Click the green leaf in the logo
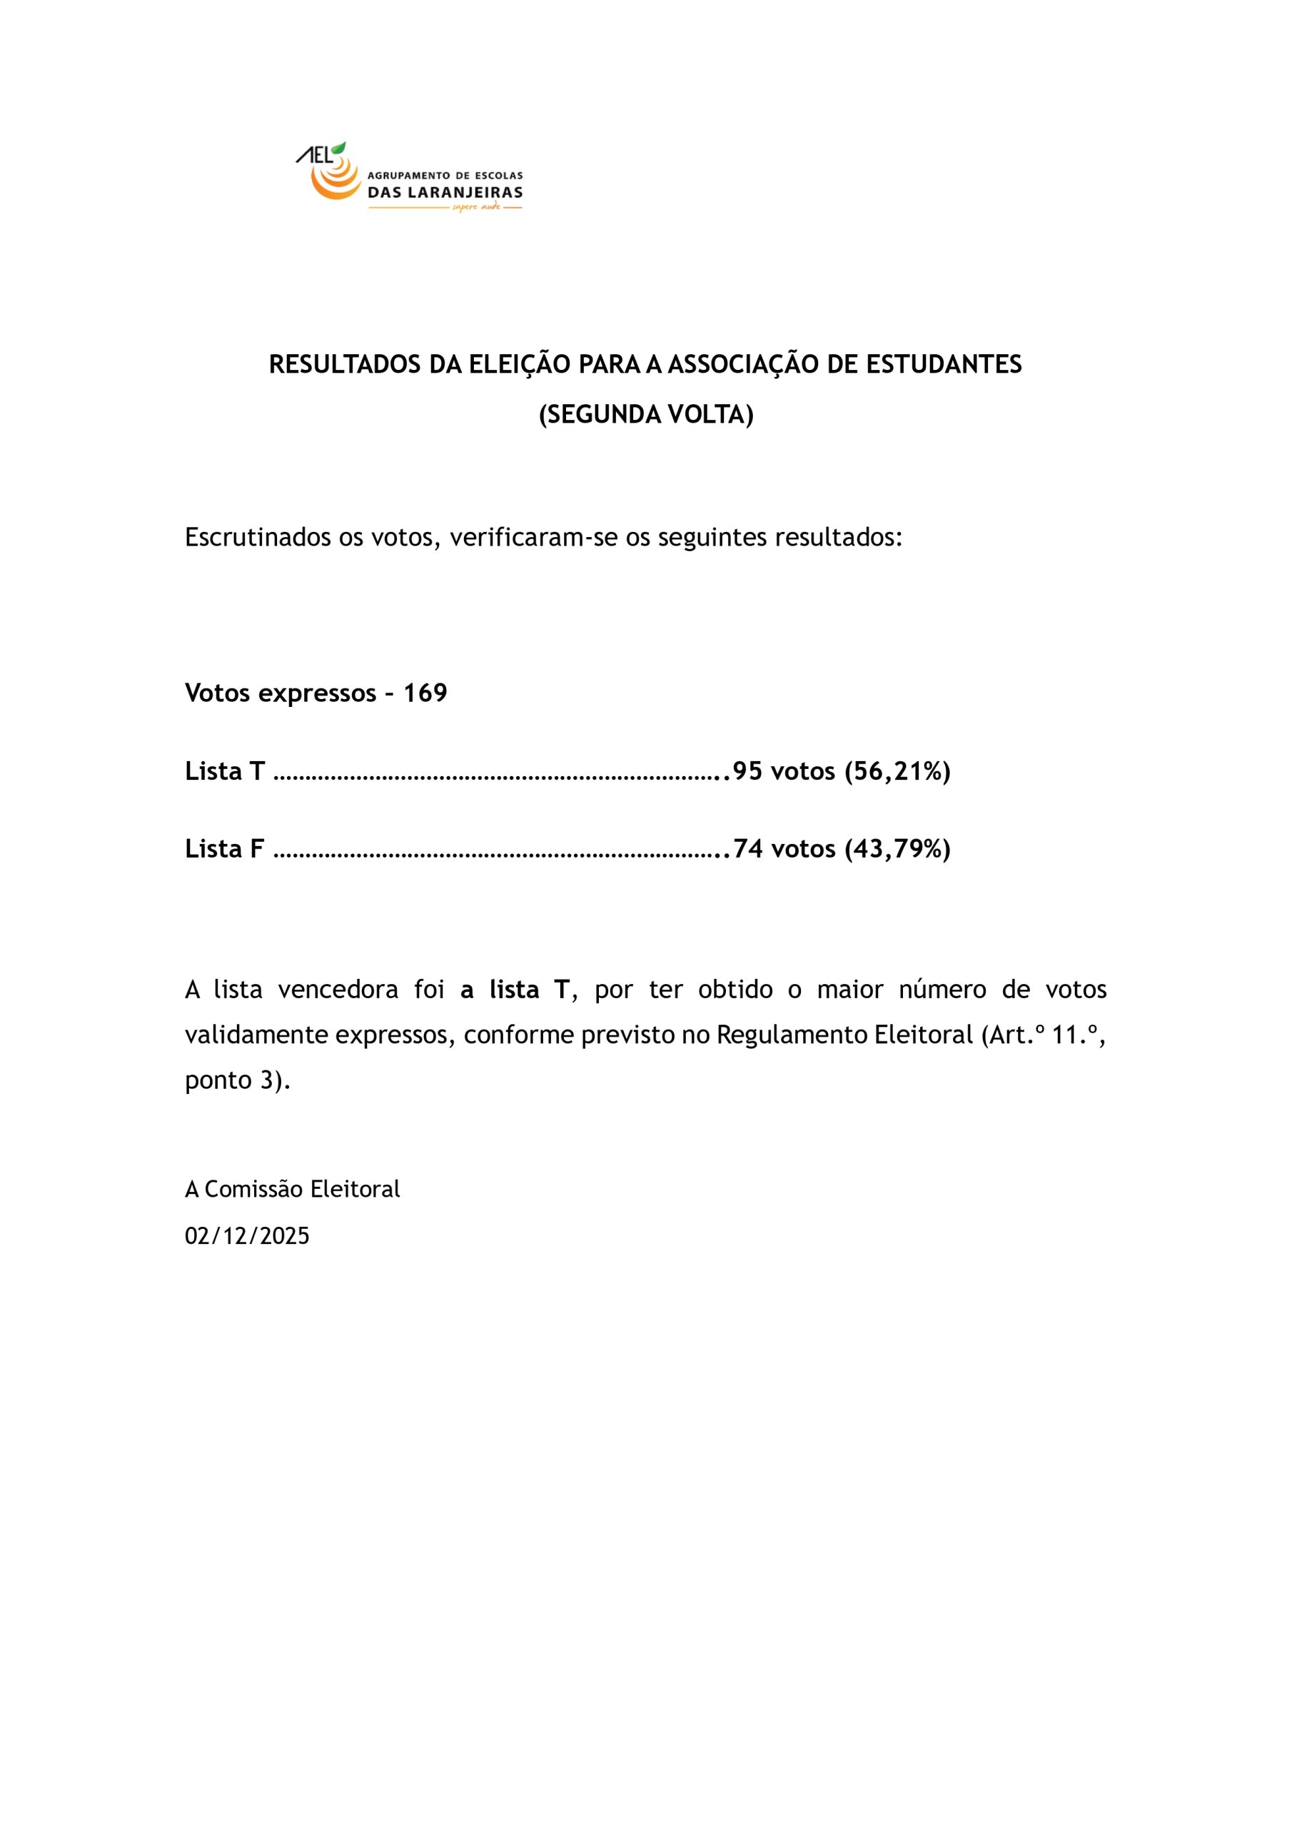[x=339, y=148]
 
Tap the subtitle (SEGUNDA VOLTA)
[x=645, y=414]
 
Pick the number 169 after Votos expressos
[x=425, y=693]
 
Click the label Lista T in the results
[x=224, y=770]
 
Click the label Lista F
[x=224, y=849]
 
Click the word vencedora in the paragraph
[x=338, y=990]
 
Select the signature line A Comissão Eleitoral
[x=292, y=1189]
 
